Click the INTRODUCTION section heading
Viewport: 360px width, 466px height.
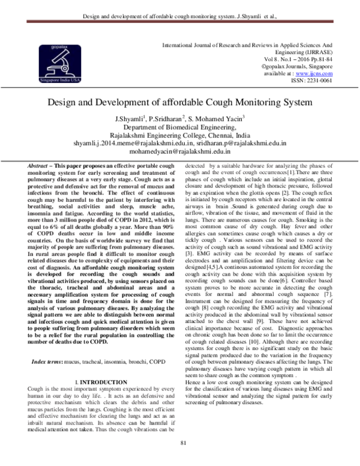[101, 382]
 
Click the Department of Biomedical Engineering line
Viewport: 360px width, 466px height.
[179, 127]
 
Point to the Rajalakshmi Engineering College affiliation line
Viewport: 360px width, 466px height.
[179, 136]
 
